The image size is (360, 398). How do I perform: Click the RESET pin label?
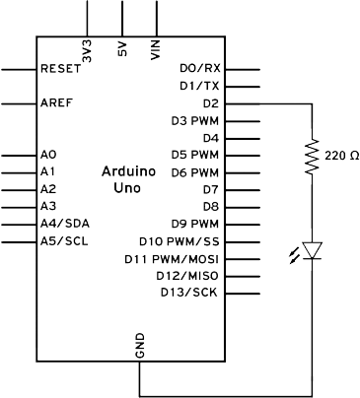60,69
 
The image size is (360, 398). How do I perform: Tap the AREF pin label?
56,103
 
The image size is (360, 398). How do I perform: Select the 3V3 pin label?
87,51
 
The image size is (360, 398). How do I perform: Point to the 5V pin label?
122,48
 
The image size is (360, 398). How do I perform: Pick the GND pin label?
140,346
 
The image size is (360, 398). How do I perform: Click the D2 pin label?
211,103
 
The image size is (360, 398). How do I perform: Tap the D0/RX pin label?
200,68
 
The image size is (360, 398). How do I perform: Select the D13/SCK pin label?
189,292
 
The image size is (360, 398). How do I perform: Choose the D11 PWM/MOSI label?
172,259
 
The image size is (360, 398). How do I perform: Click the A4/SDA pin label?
65,224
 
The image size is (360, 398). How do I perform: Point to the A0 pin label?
48,155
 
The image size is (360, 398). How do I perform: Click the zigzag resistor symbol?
312,156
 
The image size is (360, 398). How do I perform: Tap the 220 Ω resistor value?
341,156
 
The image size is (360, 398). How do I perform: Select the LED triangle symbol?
312,250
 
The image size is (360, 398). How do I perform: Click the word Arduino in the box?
128,171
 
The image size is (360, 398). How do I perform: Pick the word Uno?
127,188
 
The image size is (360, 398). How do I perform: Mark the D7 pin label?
211,189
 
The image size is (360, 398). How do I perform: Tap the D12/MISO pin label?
187,276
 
